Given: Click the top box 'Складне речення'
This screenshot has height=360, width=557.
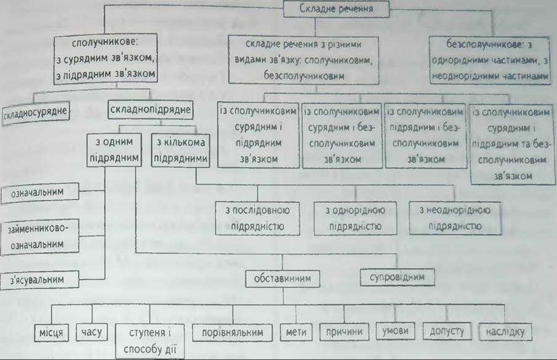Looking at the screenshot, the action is (x=336, y=9).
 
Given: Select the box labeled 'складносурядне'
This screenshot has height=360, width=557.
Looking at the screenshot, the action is (x=35, y=113).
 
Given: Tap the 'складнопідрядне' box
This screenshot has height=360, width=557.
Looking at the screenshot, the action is (x=150, y=110).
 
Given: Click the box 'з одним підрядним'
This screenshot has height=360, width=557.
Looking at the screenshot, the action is (x=114, y=150).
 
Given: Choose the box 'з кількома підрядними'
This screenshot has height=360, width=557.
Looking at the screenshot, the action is (x=180, y=150).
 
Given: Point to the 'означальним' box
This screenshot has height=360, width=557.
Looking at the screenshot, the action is (x=39, y=193).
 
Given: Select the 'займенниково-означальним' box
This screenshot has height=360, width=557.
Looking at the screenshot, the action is (x=39, y=237).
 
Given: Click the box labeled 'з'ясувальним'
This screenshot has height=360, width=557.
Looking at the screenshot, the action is (x=39, y=280).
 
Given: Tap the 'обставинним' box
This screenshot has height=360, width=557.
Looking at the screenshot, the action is (x=283, y=279).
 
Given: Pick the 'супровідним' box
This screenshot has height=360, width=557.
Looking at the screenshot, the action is (x=397, y=277).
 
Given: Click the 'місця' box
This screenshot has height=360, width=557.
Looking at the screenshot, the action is (x=51, y=333).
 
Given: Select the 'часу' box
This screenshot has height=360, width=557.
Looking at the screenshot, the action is (x=92, y=332).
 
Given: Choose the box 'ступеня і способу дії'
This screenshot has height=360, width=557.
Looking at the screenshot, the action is (x=150, y=341).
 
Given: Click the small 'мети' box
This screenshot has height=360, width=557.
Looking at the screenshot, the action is (x=296, y=332).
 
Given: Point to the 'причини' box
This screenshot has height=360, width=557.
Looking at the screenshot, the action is (x=344, y=332).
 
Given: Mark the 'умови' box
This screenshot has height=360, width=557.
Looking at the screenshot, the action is (x=395, y=331).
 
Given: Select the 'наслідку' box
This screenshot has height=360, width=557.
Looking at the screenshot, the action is (x=505, y=332).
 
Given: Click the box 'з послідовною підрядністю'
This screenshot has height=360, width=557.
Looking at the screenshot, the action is (x=257, y=218).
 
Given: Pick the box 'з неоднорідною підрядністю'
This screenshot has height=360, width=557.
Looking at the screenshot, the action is (x=455, y=218).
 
